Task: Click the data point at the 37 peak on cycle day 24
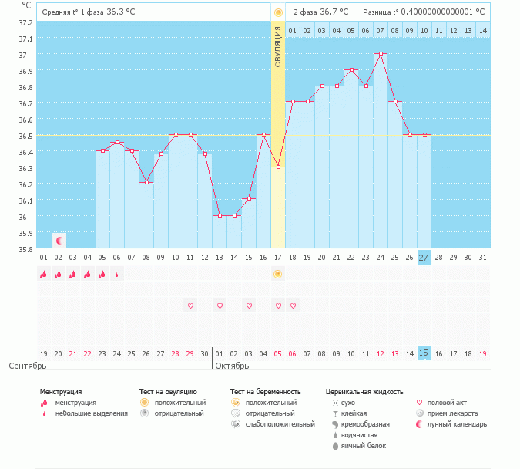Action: (x=381, y=54)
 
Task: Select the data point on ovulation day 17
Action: (x=278, y=167)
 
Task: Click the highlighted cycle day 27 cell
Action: (x=424, y=258)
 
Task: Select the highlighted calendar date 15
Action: (x=424, y=353)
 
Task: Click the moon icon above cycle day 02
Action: (x=59, y=241)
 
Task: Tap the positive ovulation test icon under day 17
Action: (x=278, y=275)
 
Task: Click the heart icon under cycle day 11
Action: (x=190, y=306)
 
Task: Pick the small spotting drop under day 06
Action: (x=117, y=275)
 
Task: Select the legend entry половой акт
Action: (x=448, y=403)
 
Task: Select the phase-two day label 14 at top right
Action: (x=483, y=30)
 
